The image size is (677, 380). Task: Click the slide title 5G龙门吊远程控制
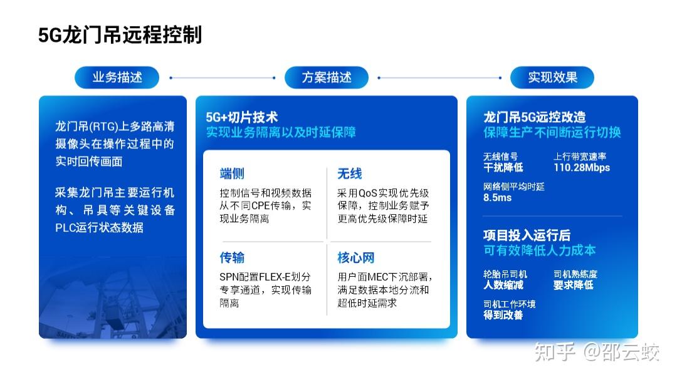(x=120, y=35)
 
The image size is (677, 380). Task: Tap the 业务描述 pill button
(x=117, y=78)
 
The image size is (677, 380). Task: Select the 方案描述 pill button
(x=327, y=78)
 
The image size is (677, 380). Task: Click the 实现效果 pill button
(x=552, y=78)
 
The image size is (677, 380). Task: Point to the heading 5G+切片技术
(x=242, y=117)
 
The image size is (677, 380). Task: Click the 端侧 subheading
(x=232, y=173)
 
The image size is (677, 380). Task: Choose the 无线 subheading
(x=350, y=173)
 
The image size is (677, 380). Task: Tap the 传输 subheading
(x=232, y=257)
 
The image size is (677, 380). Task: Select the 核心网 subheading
(x=356, y=257)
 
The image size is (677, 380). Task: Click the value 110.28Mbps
(x=582, y=168)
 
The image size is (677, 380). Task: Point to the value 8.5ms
(x=497, y=198)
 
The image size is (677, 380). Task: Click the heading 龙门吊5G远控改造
(x=535, y=117)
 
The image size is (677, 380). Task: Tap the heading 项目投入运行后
(x=527, y=235)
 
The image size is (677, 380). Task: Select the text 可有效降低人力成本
(x=539, y=250)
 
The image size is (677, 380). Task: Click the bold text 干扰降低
(x=503, y=167)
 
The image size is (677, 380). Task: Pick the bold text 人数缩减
(x=503, y=285)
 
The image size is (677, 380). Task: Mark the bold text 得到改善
(x=503, y=316)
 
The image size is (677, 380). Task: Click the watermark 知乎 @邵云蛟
(x=597, y=352)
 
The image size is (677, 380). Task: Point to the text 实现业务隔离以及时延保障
(x=281, y=132)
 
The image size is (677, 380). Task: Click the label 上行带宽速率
(x=580, y=157)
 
